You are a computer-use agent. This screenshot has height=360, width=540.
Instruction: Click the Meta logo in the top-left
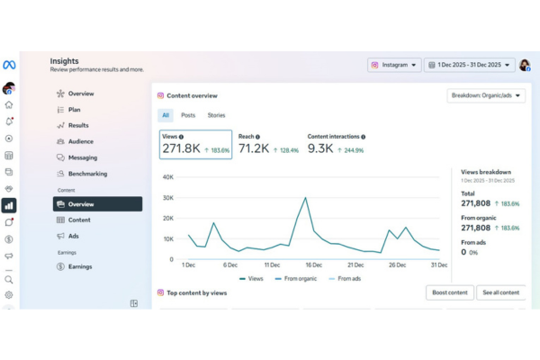9,65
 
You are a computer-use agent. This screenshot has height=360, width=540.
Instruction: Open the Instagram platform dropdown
393,65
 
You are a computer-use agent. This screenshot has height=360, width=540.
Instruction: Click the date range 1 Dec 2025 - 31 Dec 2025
469,65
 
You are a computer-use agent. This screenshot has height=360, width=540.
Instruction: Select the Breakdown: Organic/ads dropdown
486,96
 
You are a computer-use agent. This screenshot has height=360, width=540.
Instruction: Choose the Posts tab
188,115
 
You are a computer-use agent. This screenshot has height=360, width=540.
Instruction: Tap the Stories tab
216,115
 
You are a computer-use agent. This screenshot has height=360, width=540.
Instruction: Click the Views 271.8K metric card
195,143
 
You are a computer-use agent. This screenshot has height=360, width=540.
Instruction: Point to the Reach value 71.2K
254,148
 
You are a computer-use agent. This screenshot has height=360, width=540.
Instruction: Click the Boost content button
449,292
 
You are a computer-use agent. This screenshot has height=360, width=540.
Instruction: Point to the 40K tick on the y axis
166,177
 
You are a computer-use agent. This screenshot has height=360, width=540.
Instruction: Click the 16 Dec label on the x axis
313,265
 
